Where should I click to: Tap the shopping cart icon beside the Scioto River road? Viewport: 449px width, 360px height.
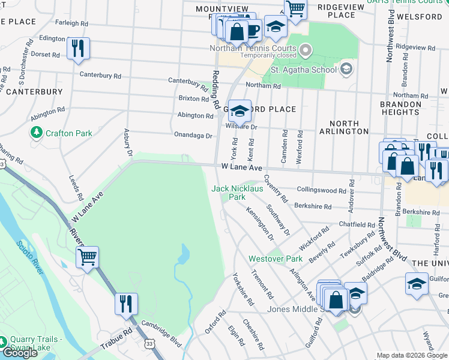point(88,258)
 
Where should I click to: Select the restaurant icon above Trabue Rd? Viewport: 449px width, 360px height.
point(126,303)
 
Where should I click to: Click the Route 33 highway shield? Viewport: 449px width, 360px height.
point(148,343)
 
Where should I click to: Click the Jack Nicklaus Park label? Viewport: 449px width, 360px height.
point(237,193)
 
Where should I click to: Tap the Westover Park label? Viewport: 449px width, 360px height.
point(276,259)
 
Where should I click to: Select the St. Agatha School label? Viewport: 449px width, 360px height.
point(303,70)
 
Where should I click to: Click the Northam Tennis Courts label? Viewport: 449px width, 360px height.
point(253,49)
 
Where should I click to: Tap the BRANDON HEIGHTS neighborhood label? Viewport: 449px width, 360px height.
point(400,108)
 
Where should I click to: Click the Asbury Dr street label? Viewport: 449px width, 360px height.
point(128,142)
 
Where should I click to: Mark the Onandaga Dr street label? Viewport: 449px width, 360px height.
point(193,136)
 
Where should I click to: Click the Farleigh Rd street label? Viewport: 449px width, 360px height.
point(71,23)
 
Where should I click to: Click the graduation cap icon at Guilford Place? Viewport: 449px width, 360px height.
point(240,110)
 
